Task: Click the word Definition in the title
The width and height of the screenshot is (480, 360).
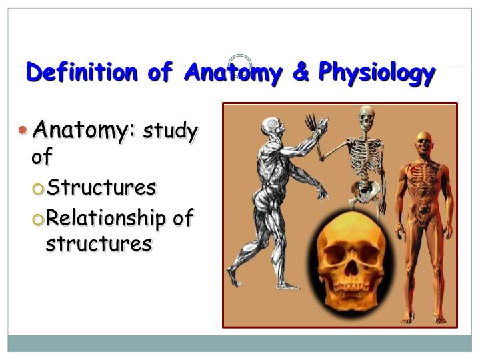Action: [x=82, y=71]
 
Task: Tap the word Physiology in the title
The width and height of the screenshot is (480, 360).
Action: [x=377, y=73]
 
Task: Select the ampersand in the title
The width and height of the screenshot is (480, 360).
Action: [x=301, y=71]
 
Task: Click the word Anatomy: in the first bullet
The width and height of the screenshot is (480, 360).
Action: [x=83, y=131]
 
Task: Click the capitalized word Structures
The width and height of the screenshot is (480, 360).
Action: [x=101, y=187]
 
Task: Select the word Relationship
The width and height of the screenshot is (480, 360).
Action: [x=105, y=219]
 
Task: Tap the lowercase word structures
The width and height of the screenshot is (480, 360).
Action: [x=99, y=243]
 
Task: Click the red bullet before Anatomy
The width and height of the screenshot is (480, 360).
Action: [x=23, y=130]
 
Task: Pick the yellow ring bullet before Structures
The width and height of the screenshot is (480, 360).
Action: [x=38, y=189]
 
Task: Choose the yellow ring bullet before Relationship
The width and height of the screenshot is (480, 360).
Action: [x=38, y=219]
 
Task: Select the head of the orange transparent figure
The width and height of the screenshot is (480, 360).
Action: [x=424, y=144]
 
